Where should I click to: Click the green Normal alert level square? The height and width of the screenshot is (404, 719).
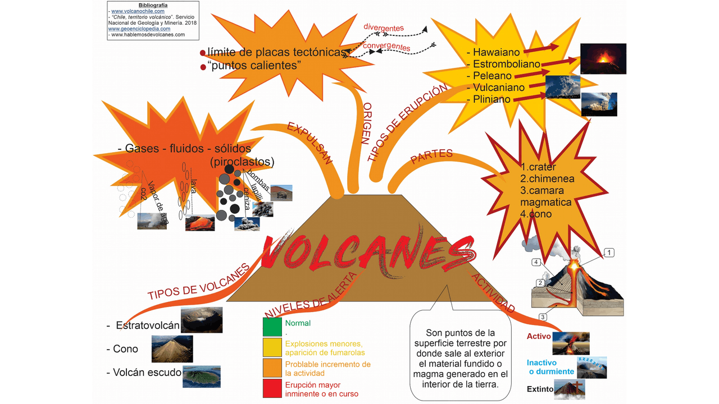(x=272, y=327)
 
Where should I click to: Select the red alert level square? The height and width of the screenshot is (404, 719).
(x=272, y=388)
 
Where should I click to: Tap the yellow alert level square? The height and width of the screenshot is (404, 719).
(x=272, y=347)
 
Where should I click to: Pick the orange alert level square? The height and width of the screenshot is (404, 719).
(x=272, y=368)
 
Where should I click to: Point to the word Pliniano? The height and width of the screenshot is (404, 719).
(x=492, y=99)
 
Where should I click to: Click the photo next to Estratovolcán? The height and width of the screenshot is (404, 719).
(x=202, y=320)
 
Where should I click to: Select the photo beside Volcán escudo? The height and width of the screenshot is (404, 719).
(x=201, y=377)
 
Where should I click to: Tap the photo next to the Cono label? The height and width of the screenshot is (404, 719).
(x=172, y=348)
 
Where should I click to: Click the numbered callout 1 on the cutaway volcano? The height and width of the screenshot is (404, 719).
(x=609, y=253)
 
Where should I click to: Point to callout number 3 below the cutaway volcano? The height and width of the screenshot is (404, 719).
(x=543, y=317)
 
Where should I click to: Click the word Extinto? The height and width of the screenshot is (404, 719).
(x=540, y=389)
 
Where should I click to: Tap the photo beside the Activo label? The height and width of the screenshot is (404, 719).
(x=571, y=343)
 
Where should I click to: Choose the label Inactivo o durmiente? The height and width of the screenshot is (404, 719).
(x=550, y=367)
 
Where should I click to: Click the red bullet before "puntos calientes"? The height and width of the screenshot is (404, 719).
(x=203, y=67)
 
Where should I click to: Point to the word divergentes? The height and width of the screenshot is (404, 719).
(x=383, y=27)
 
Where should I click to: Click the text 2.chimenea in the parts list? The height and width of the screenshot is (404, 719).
(x=547, y=178)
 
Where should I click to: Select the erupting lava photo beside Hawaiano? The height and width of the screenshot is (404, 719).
(x=603, y=58)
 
